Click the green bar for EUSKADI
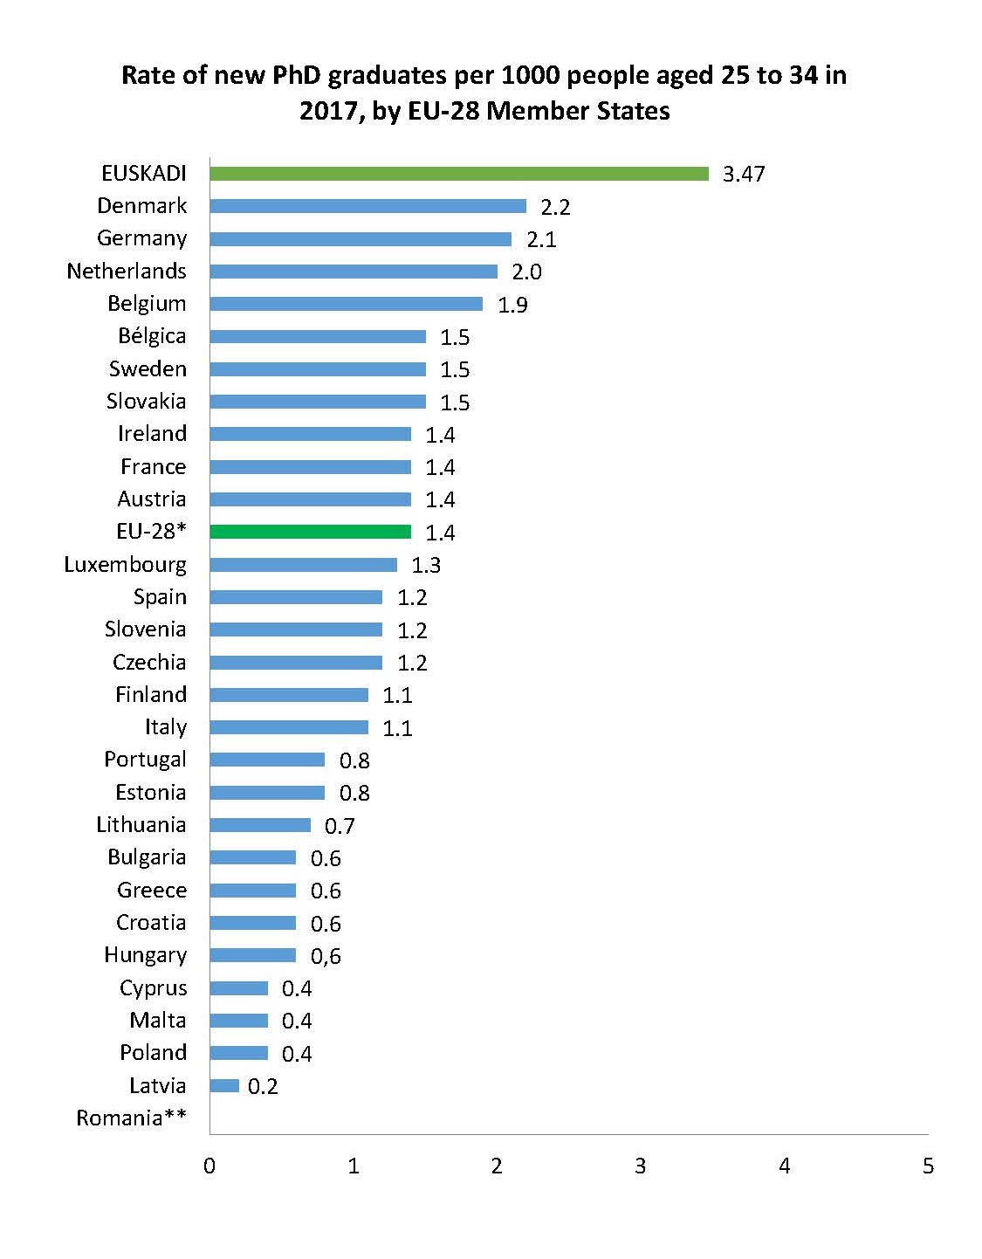coord(459,174)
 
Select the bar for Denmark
coord(367,206)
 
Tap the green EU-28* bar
coord(310,532)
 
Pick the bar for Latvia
coord(224,1086)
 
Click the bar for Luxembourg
coord(303,565)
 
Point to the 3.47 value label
coord(744,174)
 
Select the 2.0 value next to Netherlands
coord(526,272)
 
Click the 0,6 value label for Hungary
coord(326,956)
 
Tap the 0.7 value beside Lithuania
coord(340,826)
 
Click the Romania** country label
coord(131,1118)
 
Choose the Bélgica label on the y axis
coord(152,336)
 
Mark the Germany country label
coord(141,238)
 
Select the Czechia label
coord(149,662)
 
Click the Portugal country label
coord(145,760)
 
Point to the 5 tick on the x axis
coord(928,1166)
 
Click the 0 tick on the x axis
coord(209,1166)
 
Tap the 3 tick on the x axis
coord(641,1166)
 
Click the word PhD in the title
coord(297,76)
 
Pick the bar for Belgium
coord(346,304)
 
